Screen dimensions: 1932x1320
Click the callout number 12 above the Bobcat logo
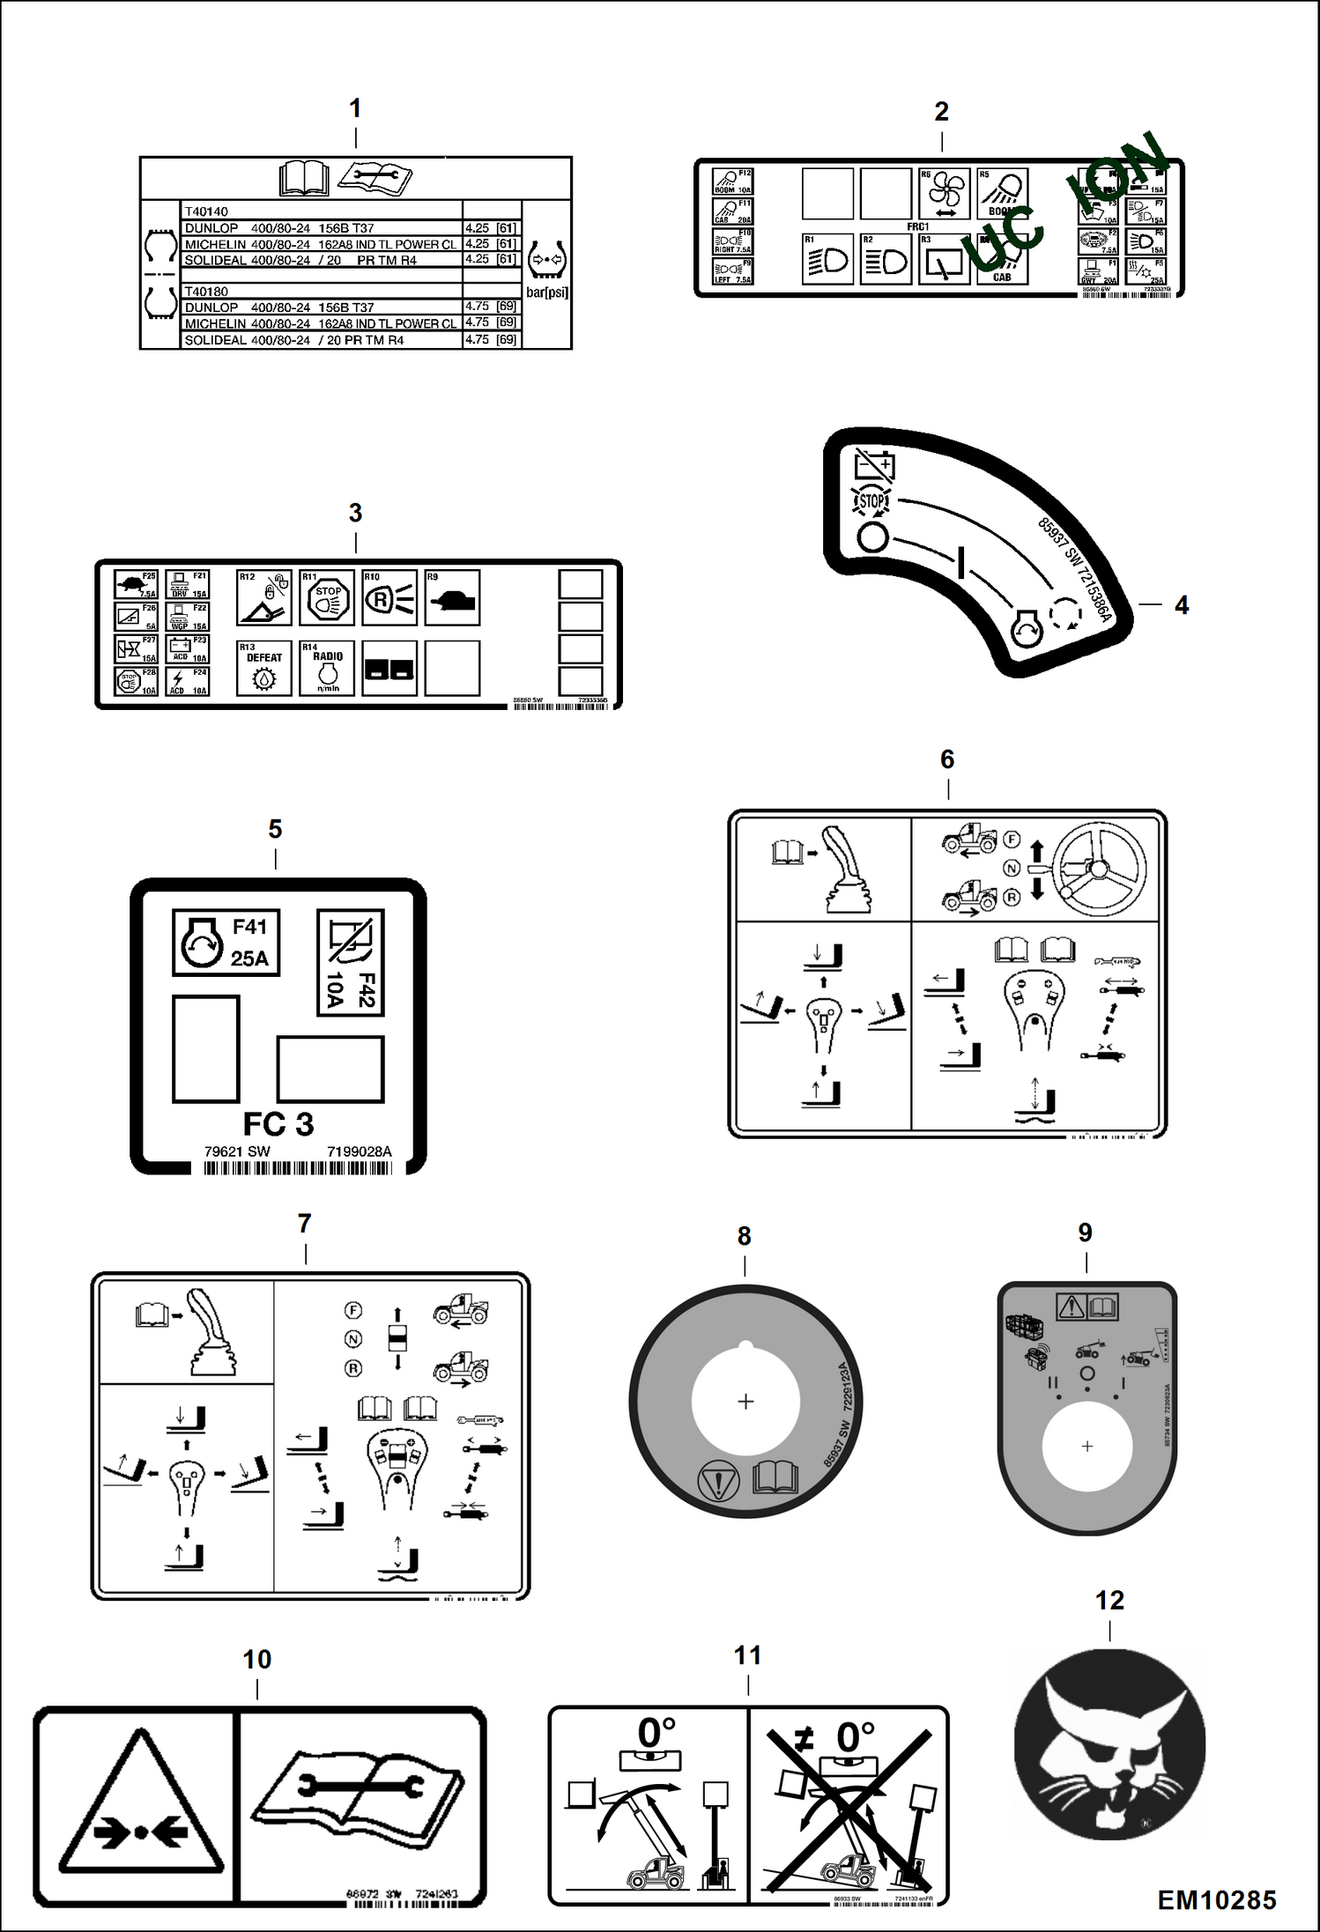coord(1109,1600)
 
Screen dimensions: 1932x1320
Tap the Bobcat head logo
coord(1109,1746)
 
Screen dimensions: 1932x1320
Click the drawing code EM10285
coord(1216,1900)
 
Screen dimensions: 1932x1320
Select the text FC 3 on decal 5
coord(278,1124)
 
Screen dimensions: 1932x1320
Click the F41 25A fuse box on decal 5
coord(226,943)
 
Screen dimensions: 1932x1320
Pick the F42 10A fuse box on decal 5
coord(350,962)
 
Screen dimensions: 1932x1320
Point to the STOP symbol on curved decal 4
coord(871,501)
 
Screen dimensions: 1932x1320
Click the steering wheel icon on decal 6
coord(1099,866)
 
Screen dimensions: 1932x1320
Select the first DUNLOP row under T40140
coord(322,228)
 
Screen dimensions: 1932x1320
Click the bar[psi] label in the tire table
coord(546,292)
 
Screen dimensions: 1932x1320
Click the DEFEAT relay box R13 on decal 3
coord(263,668)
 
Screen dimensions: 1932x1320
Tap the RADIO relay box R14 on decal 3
coord(327,668)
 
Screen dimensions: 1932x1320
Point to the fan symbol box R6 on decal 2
coord(944,193)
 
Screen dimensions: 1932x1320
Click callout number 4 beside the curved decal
coord(1182,605)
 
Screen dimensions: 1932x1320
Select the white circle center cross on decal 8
coord(745,1402)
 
